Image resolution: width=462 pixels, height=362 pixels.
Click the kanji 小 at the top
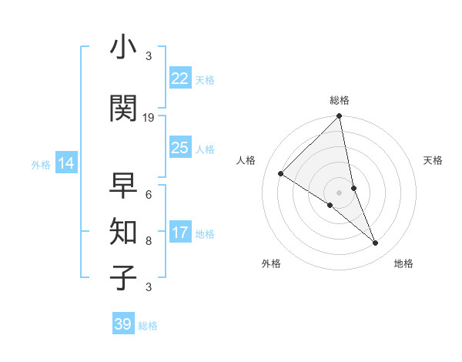124,48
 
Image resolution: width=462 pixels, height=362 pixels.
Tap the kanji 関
124,109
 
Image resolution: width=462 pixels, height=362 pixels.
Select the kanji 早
124,186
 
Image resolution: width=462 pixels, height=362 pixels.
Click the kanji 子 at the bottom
124,277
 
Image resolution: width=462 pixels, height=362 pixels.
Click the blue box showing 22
180,79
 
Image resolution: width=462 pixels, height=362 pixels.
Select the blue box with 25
180,148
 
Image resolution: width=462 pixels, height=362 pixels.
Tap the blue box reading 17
180,233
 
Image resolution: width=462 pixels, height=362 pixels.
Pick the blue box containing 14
66,163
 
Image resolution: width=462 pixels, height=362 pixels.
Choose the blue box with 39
123,324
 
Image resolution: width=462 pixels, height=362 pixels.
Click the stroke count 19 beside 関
149,117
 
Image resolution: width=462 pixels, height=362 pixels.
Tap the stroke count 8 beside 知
149,240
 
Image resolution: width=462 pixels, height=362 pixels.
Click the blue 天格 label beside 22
204,79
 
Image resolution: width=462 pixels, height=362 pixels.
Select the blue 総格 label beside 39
148,325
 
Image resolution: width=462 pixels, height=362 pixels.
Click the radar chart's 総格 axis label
339,100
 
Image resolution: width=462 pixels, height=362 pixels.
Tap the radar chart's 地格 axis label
403,263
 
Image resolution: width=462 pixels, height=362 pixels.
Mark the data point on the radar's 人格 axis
281,174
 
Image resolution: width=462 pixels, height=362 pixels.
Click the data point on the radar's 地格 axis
376,243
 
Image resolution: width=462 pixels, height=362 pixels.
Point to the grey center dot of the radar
339,192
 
